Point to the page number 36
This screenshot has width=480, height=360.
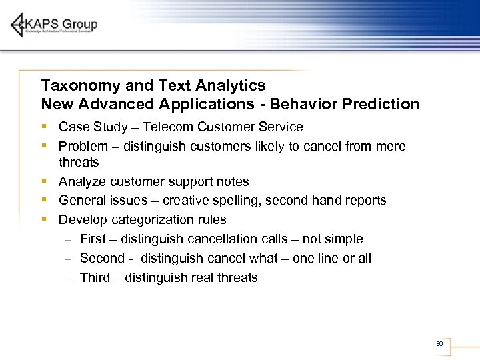point(439,344)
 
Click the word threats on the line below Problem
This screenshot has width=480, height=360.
point(79,163)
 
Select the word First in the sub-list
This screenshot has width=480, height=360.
point(93,239)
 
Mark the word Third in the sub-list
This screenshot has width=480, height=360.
point(95,278)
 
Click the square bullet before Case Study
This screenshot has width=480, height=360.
point(44,127)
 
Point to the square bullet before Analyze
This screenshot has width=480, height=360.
point(44,181)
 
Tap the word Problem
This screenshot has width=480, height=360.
point(83,147)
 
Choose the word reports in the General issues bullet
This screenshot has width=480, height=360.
point(364,201)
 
